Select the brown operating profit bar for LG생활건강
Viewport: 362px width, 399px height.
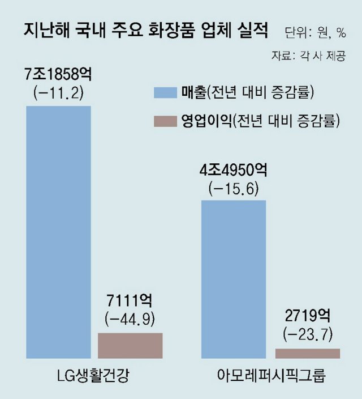(130, 346)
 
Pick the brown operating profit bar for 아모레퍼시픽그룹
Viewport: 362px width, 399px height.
(307, 354)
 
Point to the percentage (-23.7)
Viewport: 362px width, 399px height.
(308, 332)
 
